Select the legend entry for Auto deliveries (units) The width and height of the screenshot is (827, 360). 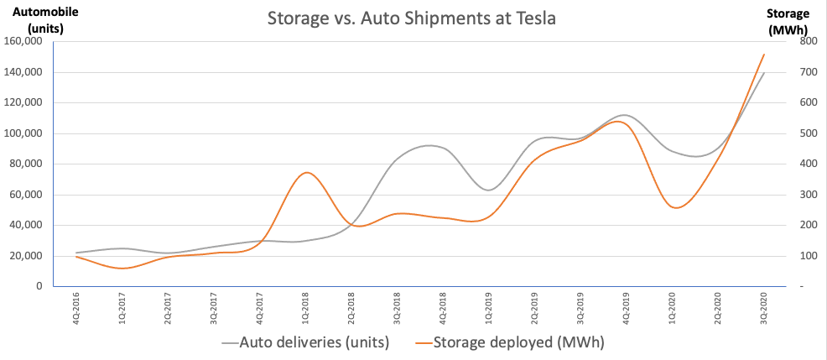tap(310, 342)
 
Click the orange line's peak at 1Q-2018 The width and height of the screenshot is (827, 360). tap(307, 173)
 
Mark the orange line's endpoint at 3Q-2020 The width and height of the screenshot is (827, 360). tap(764, 55)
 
